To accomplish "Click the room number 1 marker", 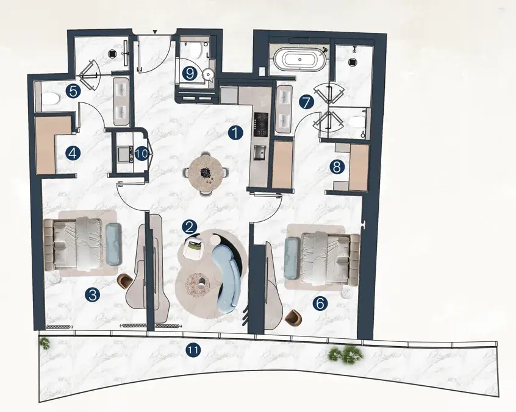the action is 235,133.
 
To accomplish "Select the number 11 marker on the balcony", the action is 193,350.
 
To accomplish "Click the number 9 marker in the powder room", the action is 190,74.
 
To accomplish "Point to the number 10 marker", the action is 142,154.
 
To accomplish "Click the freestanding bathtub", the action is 300,60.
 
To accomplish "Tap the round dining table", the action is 206,173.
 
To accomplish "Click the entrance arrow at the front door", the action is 156,32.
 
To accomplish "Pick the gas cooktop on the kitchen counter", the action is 260,124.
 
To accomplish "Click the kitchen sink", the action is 260,152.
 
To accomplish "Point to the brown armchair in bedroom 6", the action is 294,318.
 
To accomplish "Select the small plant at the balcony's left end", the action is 45,344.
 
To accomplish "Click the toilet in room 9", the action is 195,49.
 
